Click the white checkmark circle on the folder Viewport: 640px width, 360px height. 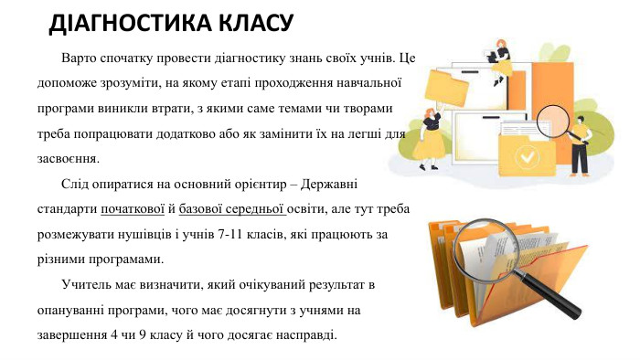pos(524,157)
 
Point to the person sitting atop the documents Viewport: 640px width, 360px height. pos(500,58)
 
